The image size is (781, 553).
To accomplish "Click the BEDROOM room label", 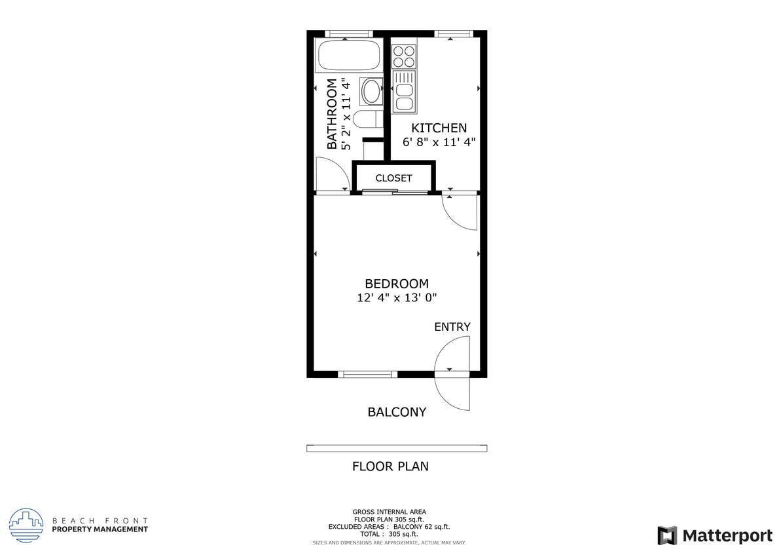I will (396, 284).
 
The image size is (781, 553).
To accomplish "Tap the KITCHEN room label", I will (439, 128).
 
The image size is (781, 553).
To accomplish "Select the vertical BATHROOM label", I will (332, 114).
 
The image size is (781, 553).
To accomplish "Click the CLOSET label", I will (393, 178).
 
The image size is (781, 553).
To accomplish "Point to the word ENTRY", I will (452, 327).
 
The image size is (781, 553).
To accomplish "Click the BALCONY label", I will (396, 412).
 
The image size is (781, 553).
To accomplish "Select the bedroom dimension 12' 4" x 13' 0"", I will (396, 298).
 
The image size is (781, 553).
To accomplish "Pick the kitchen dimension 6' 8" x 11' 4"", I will (439, 142).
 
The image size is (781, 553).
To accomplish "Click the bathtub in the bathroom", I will (348, 55).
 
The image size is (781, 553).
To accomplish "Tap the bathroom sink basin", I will (371, 90).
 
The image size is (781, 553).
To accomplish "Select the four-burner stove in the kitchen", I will (404, 56).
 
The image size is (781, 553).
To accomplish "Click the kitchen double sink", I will (404, 96).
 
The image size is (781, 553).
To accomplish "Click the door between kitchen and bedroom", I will (460, 211).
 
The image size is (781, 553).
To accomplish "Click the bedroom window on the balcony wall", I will (367, 374).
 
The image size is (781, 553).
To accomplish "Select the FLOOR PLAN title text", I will (390, 467).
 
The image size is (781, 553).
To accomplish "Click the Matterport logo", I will (715, 535).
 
